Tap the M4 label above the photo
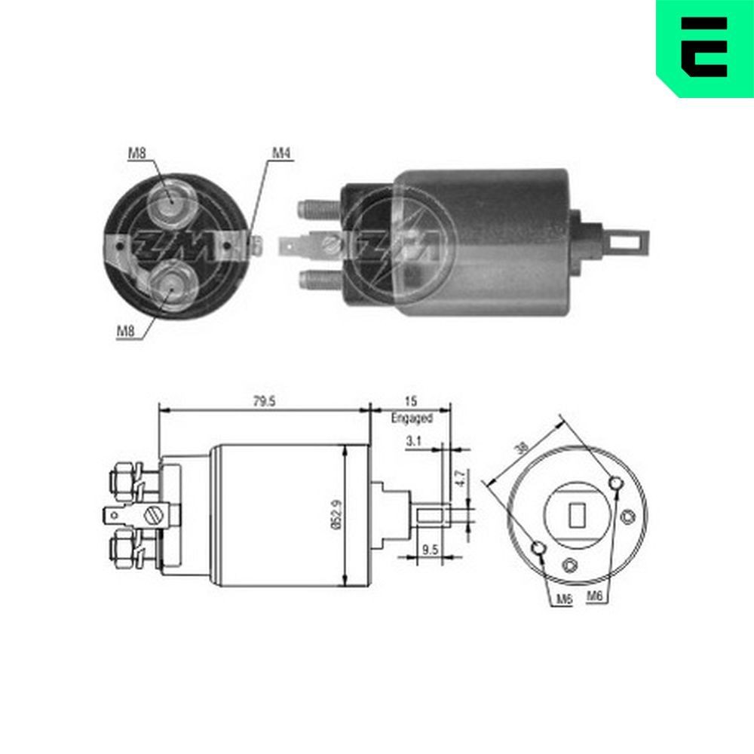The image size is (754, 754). (x=280, y=154)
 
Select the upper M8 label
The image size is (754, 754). (x=136, y=154)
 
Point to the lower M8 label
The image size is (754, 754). (x=126, y=329)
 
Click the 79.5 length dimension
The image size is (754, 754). (x=263, y=402)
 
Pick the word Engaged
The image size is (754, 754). (x=412, y=418)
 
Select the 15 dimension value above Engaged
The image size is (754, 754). (x=411, y=402)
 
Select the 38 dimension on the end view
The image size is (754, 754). (x=520, y=447)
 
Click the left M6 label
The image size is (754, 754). (x=563, y=599)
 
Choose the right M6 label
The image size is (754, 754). (x=595, y=596)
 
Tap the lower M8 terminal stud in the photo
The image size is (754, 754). (x=169, y=285)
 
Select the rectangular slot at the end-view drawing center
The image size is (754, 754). (x=577, y=515)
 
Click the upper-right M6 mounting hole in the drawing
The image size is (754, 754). (x=617, y=483)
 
